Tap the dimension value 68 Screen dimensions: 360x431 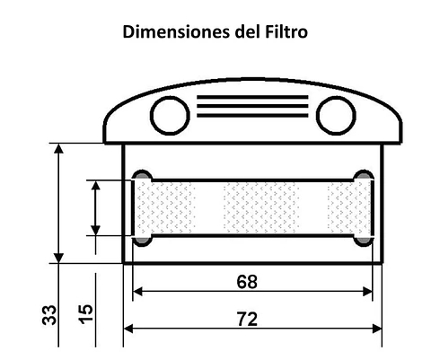(248, 281)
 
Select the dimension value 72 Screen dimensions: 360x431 (248, 319)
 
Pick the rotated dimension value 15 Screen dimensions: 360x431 (86, 315)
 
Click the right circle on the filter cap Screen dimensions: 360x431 (335, 115)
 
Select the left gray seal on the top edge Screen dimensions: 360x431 (142, 174)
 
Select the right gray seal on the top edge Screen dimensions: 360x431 (363, 174)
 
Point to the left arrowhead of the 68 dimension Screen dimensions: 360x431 (137, 292)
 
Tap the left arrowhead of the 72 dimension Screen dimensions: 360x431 (128, 329)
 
